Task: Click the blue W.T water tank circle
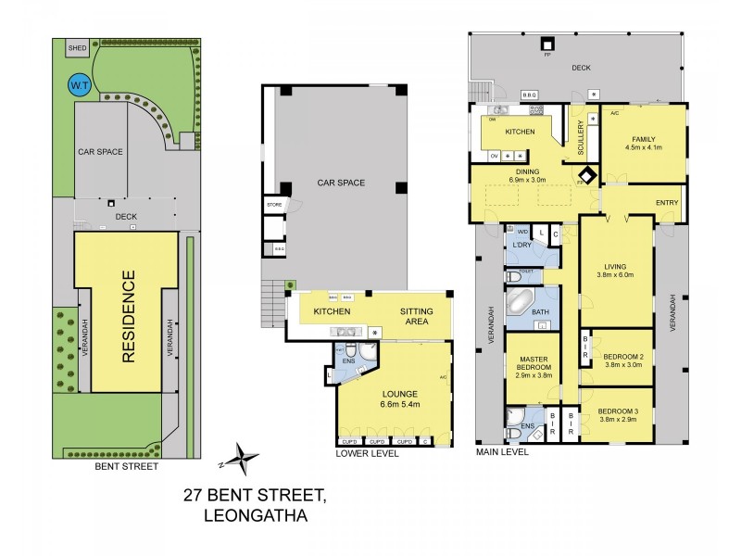[x=76, y=87]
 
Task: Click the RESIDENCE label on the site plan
[x=129, y=315]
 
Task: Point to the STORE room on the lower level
[x=274, y=205]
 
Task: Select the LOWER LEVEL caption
[x=369, y=454]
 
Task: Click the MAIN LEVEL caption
[x=502, y=452]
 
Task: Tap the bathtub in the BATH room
[x=521, y=304]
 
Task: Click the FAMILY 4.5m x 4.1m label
[x=645, y=144]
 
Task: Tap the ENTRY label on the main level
[x=666, y=203]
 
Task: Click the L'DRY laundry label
[x=521, y=246]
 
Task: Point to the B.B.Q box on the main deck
[x=530, y=95]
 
